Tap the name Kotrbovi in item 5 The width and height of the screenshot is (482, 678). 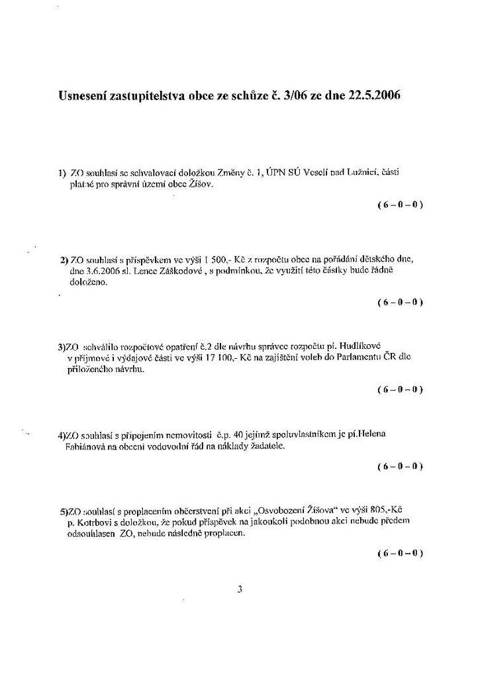[x=98, y=522]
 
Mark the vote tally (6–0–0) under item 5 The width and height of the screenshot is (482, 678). [x=400, y=553]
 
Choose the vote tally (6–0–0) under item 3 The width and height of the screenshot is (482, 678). [x=400, y=389]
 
